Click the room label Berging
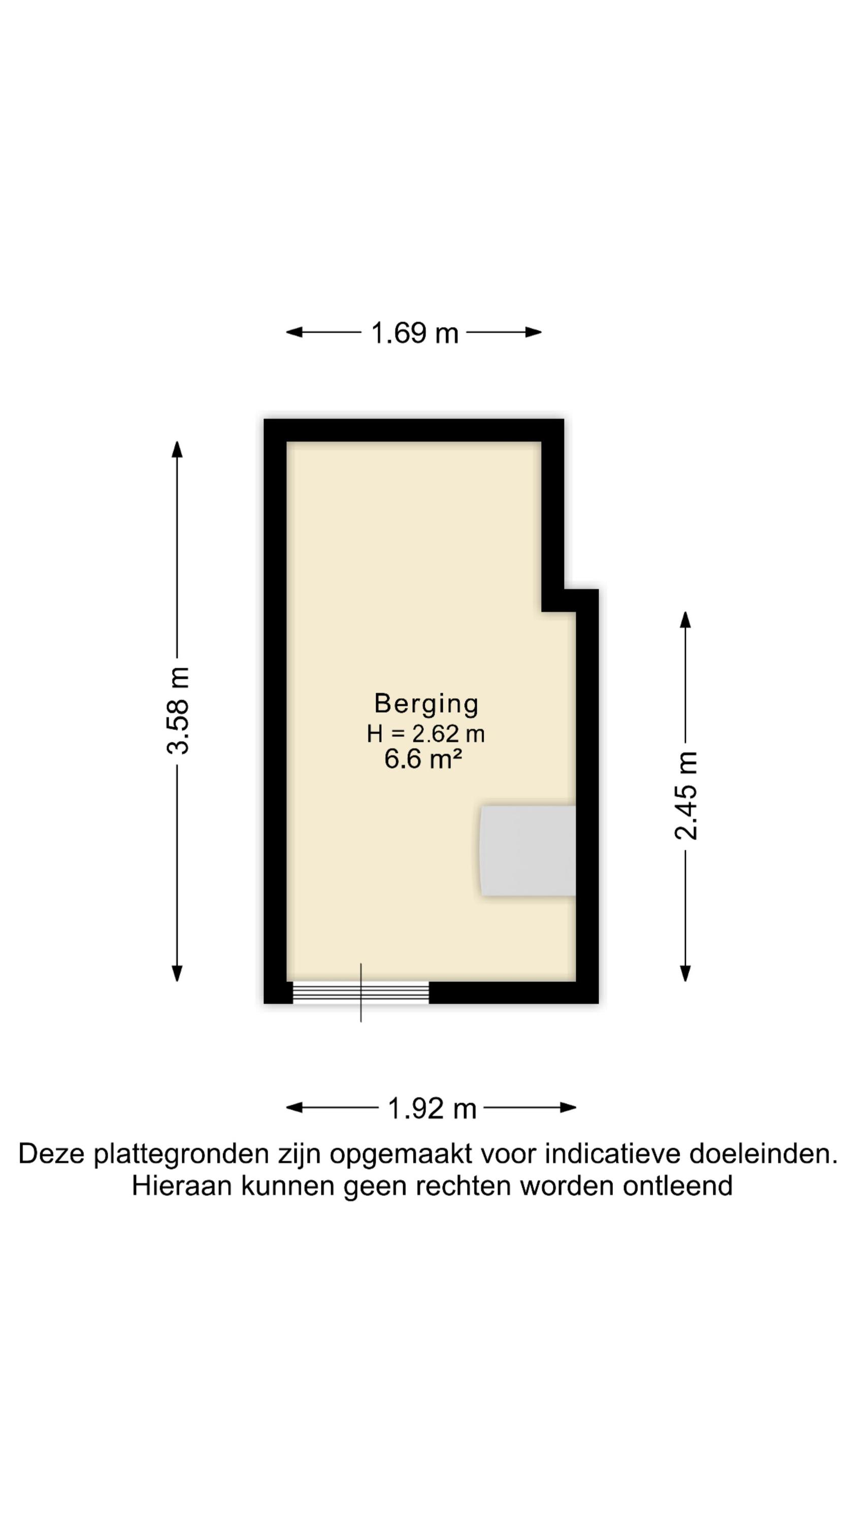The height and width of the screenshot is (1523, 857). (426, 704)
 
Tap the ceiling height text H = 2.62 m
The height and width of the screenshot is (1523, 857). (425, 734)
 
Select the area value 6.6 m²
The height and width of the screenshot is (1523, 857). (423, 758)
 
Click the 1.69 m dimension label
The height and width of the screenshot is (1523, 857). (415, 333)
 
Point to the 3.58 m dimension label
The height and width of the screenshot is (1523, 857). (177, 711)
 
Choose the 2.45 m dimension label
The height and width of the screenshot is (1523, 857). (686, 796)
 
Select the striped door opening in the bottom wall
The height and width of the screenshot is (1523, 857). (361, 992)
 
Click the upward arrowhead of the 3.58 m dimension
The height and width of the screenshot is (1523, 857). (177, 449)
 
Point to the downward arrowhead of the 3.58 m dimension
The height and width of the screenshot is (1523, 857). (177, 973)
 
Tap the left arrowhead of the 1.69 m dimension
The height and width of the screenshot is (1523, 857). (294, 333)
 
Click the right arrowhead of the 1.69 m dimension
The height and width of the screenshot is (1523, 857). (534, 333)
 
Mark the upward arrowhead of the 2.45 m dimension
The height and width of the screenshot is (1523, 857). (685, 619)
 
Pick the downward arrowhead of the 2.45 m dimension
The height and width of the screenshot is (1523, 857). (685, 973)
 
